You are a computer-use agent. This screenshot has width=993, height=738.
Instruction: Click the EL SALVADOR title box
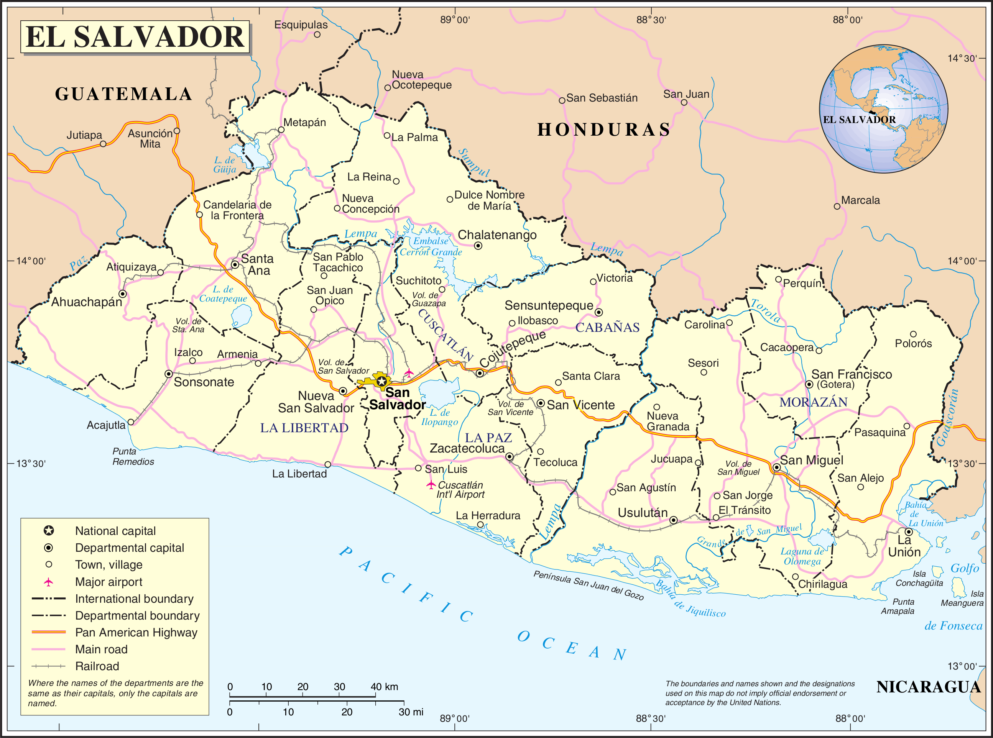[x=135, y=37]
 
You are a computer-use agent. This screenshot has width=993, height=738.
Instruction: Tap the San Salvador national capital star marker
[x=381, y=381]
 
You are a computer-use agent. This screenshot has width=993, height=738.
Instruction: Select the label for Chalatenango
[x=497, y=235]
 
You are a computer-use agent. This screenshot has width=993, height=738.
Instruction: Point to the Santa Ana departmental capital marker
[x=235, y=264]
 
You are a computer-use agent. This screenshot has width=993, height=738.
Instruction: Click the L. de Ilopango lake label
[x=440, y=417]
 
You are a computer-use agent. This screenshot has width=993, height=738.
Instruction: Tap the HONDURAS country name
[x=604, y=130]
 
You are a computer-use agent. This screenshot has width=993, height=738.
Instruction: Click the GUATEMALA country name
[x=124, y=94]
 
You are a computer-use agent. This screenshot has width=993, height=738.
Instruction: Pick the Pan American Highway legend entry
[x=136, y=633]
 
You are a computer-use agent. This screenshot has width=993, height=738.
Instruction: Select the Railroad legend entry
[x=97, y=666]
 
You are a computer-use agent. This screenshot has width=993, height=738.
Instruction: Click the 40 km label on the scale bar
[x=384, y=687]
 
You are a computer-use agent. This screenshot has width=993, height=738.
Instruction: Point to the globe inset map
[x=883, y=108]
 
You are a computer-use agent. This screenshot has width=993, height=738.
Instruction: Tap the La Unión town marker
[x=909, y=531]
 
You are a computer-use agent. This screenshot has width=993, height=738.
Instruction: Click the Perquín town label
[x=802, y=283]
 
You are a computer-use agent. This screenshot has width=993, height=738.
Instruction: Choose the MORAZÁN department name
[x=813, y=402]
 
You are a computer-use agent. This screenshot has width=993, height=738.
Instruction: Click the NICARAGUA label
[x=928, y=687]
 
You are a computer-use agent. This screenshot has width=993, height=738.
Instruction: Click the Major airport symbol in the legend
[x=48, y=582]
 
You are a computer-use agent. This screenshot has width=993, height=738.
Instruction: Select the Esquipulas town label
[x=301, y=25]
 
